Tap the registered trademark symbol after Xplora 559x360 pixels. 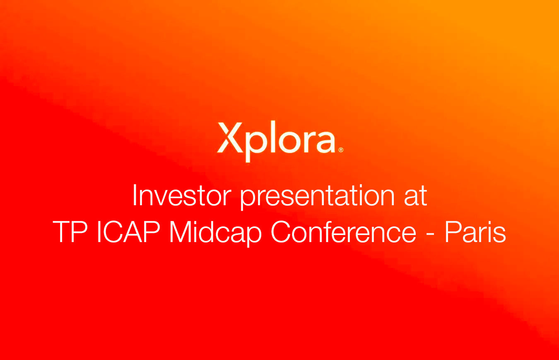click(341, 150)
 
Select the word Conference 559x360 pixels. click(344, 233)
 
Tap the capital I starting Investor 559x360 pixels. click(135, 195)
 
